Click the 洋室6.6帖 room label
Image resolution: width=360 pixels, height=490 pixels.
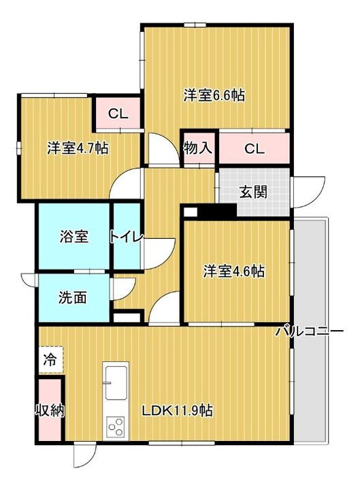214,96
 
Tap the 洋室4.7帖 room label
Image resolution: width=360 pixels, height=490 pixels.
78,147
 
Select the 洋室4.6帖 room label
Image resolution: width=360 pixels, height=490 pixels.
234,271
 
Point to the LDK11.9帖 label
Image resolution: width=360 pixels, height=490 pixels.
177,410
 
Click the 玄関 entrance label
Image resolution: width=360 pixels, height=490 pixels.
252,191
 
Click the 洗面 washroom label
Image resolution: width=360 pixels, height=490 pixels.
71,297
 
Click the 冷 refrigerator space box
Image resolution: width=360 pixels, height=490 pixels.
50,358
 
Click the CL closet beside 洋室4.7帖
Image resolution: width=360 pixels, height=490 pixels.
117,114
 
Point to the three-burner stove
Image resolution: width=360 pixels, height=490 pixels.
115,426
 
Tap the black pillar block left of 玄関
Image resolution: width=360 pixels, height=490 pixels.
210,211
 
